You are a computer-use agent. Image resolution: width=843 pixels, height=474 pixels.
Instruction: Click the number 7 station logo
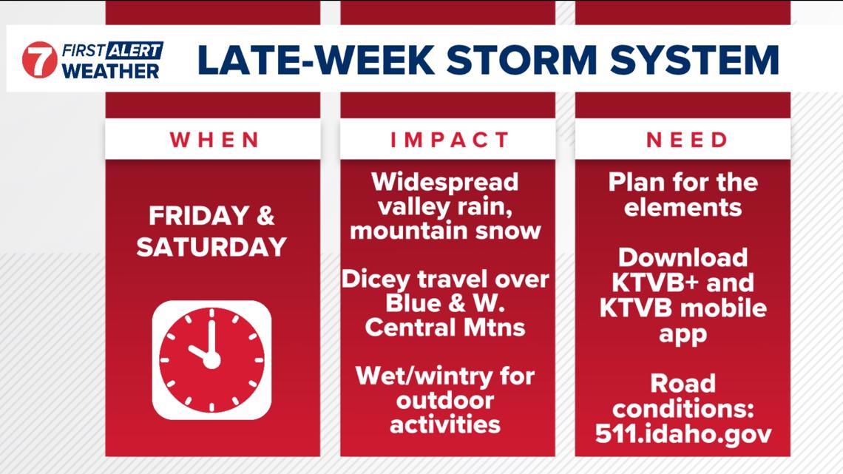point(39,60)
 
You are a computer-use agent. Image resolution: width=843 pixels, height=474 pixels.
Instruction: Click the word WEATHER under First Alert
point(110,70)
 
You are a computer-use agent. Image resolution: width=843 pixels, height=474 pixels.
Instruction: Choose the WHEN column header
point(212,140)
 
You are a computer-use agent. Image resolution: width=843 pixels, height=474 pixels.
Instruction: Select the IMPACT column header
point(447,140)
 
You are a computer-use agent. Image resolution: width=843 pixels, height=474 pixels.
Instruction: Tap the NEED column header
point(683,140)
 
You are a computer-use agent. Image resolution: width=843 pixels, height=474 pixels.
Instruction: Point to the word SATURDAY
point(211,248)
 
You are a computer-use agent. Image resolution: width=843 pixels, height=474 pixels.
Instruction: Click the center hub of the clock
point(211,360)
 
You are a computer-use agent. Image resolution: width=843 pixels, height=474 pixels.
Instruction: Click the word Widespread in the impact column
point(445,182)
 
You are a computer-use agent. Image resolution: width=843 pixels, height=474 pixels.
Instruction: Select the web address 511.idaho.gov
point(683,433)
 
